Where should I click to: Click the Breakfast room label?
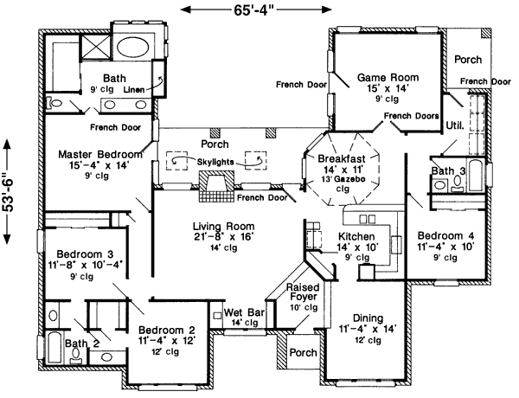340,159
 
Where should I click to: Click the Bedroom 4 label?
446,235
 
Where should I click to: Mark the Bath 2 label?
78,343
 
